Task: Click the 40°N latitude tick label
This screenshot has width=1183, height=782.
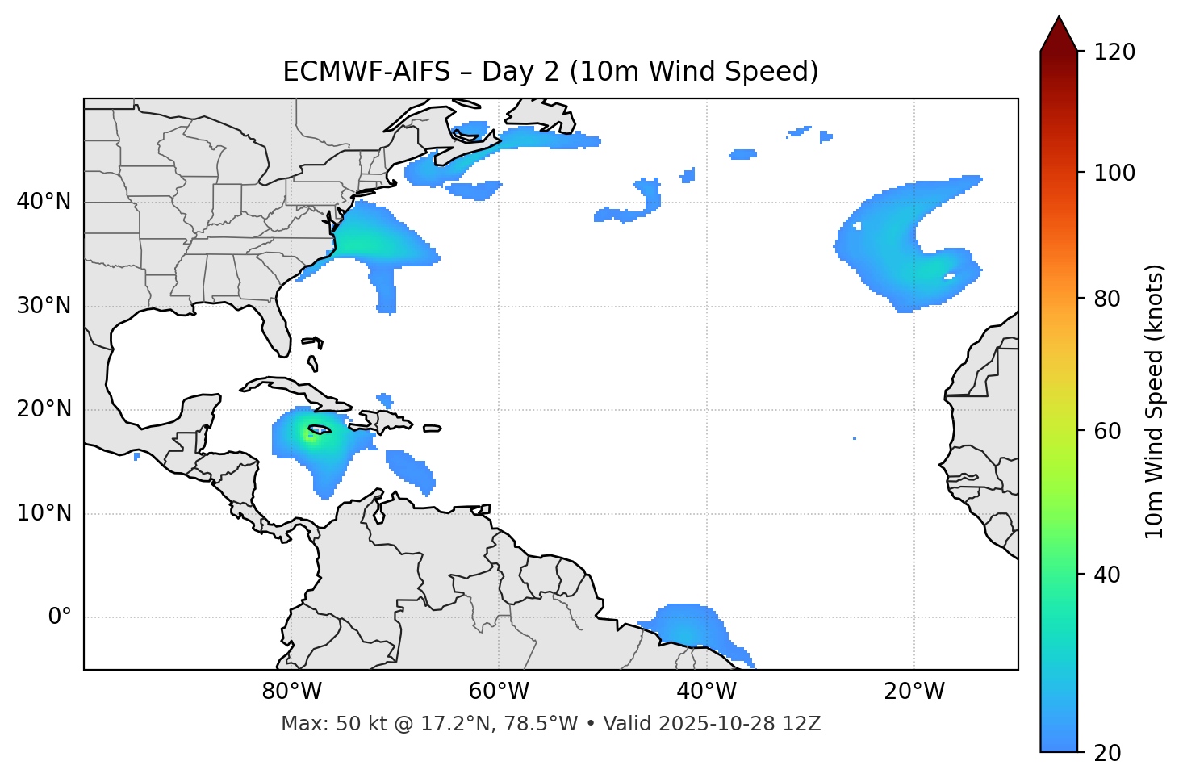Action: click(x=44, y=202)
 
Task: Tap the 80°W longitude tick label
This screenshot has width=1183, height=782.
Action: click(x=291, y=692)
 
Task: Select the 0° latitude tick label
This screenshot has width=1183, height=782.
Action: click(x=59, y=617)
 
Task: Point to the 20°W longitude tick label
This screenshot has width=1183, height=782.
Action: click(x=914, y=692)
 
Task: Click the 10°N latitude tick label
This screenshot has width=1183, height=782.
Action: click(x=44, y=513)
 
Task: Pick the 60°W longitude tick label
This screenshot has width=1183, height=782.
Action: click(x=499, y=692)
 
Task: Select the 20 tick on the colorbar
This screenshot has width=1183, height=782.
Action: click(x=1107, y=752)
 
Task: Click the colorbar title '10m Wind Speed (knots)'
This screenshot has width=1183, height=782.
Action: click(x=1155, y=401)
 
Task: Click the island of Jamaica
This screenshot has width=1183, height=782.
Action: click(x=320, y=429)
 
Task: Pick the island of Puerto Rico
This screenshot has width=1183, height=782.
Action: click(x=432, y=428)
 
